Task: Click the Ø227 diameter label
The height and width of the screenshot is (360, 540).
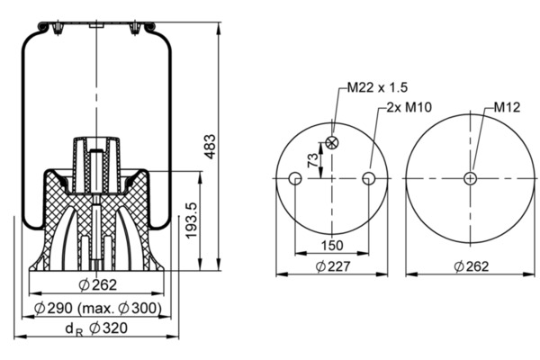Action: [332, 265]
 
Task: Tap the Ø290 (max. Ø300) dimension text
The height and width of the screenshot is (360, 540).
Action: [98, 308]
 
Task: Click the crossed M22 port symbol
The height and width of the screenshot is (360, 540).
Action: [332, 142]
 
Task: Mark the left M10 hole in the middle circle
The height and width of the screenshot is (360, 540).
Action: [295, 179]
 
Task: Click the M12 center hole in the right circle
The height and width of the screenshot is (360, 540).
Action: [470, 179]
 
